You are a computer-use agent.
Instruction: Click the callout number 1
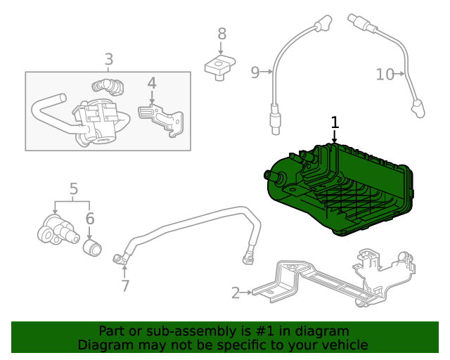coord(335,122)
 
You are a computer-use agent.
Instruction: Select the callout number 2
coord(236,292)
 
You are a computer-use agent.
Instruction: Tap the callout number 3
coord(108,60)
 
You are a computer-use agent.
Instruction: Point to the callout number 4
coord(151,84)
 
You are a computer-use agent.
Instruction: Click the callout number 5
coord(74,188)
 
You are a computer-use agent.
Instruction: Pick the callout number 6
coord(90,219)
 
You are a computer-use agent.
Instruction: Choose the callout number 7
coord(124,285)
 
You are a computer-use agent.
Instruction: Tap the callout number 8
coord(221,33)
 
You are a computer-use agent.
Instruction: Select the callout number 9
coord(255,71)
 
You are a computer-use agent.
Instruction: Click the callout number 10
coord(385,74)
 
